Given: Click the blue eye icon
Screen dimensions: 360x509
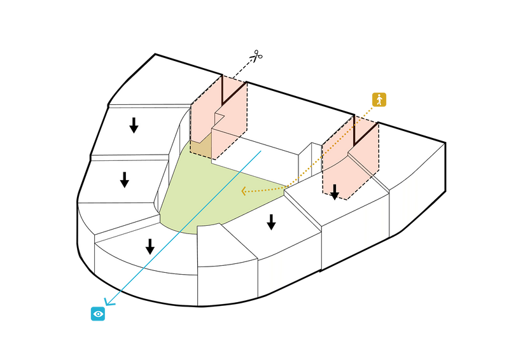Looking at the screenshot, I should pyautogui.click(x=98, y=314).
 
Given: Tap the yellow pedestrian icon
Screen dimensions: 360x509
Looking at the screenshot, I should pyautogui.click(x=379, y=99).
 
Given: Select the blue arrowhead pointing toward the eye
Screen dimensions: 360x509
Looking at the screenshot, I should pyautogui.click(x=113, y=298).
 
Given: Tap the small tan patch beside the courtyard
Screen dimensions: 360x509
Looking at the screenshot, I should pyautogui.click(x=200, y=147).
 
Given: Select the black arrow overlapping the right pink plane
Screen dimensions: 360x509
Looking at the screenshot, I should pyautogui.click(x=335, y=191).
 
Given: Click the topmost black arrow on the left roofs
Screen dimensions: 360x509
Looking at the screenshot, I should pyautogui.click(x=134, y=125).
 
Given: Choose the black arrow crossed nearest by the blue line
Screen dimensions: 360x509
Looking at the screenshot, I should pyautogui.click(x=150, y=246).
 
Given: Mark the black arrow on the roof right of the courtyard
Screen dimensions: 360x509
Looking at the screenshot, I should pyautogui.click(x=271, y=221).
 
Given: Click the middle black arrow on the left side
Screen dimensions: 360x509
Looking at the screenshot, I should pyautogui.click(x=125, y=179).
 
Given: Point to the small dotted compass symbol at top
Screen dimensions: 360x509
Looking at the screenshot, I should pyautogui.click(x=256, y=57).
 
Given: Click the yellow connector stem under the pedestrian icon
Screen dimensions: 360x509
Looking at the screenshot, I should pyautogui.click(x=367, y=113).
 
